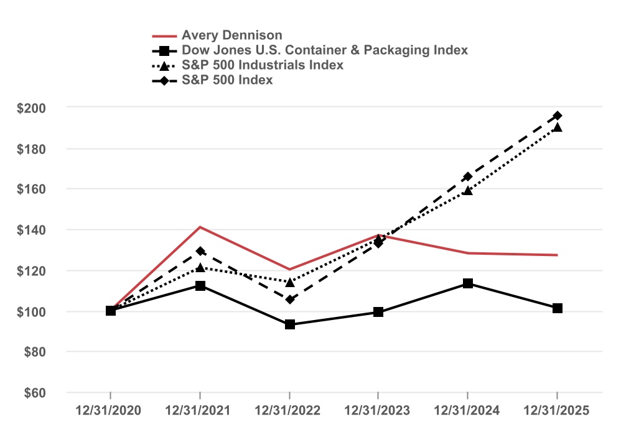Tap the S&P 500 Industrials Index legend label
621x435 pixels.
coord(262,65)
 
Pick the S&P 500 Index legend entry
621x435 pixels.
coord(227,80)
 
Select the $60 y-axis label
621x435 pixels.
coord(35,393)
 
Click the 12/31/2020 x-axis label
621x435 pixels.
coord(110,411)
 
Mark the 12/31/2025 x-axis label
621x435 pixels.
coord(557,411)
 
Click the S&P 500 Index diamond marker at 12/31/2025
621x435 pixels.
coord(557,116)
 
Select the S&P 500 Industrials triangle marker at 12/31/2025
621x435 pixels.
coord(557,127)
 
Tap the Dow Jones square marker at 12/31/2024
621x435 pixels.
coord(468,283)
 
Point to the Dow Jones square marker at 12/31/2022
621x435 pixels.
coord(289,324)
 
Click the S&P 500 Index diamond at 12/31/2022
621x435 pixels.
coord(289,300)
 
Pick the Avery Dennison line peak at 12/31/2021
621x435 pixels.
coord(200,227)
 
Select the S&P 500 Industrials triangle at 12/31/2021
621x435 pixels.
coord(200,268)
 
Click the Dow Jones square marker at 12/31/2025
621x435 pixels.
coord(557,308)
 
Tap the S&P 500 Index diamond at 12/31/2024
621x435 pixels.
coord(468,177)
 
